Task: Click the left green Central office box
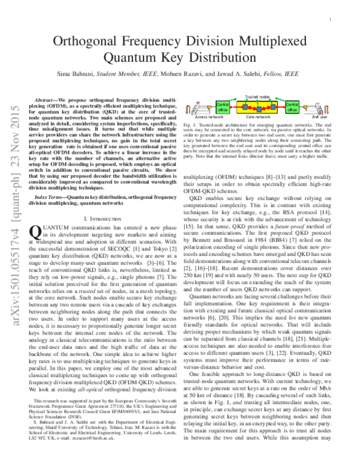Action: point(221,109)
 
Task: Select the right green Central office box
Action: point(293,109)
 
